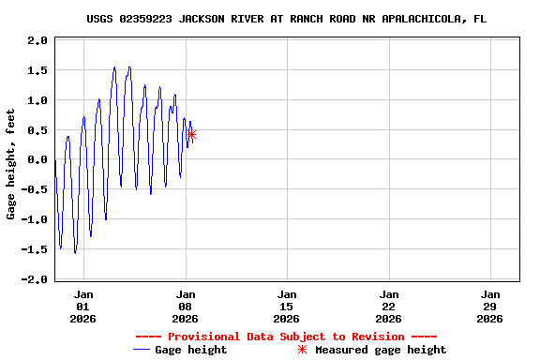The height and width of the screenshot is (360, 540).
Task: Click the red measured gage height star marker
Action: click(x=191, y=135)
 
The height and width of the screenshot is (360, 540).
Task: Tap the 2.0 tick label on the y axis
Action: click(x=37, y=40)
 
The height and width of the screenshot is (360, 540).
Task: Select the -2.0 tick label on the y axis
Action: click(x=36, y=279)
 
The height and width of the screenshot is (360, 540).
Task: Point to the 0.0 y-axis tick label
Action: click(x=37, y=160)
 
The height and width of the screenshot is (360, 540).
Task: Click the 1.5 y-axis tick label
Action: click(x=37, y=70)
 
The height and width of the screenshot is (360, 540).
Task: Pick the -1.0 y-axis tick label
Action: click(x=36, y=219)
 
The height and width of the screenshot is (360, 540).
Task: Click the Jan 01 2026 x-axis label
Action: click(x=83, y=306)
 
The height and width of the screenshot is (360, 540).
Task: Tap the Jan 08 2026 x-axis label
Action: click(x=185, y=306)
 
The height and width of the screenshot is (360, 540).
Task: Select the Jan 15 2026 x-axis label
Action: click(x=287, y=306)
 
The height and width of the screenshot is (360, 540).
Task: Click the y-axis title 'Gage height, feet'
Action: click(x=11, y=164)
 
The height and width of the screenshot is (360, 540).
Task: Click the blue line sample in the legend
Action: click(x=142, y=350)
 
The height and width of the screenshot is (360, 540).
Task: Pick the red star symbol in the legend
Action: click(x=302, y=350)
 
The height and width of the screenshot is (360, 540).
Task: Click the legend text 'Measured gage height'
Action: click(x=381, y=350)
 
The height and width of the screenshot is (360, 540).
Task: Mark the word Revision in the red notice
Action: click(x=375, y=337)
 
